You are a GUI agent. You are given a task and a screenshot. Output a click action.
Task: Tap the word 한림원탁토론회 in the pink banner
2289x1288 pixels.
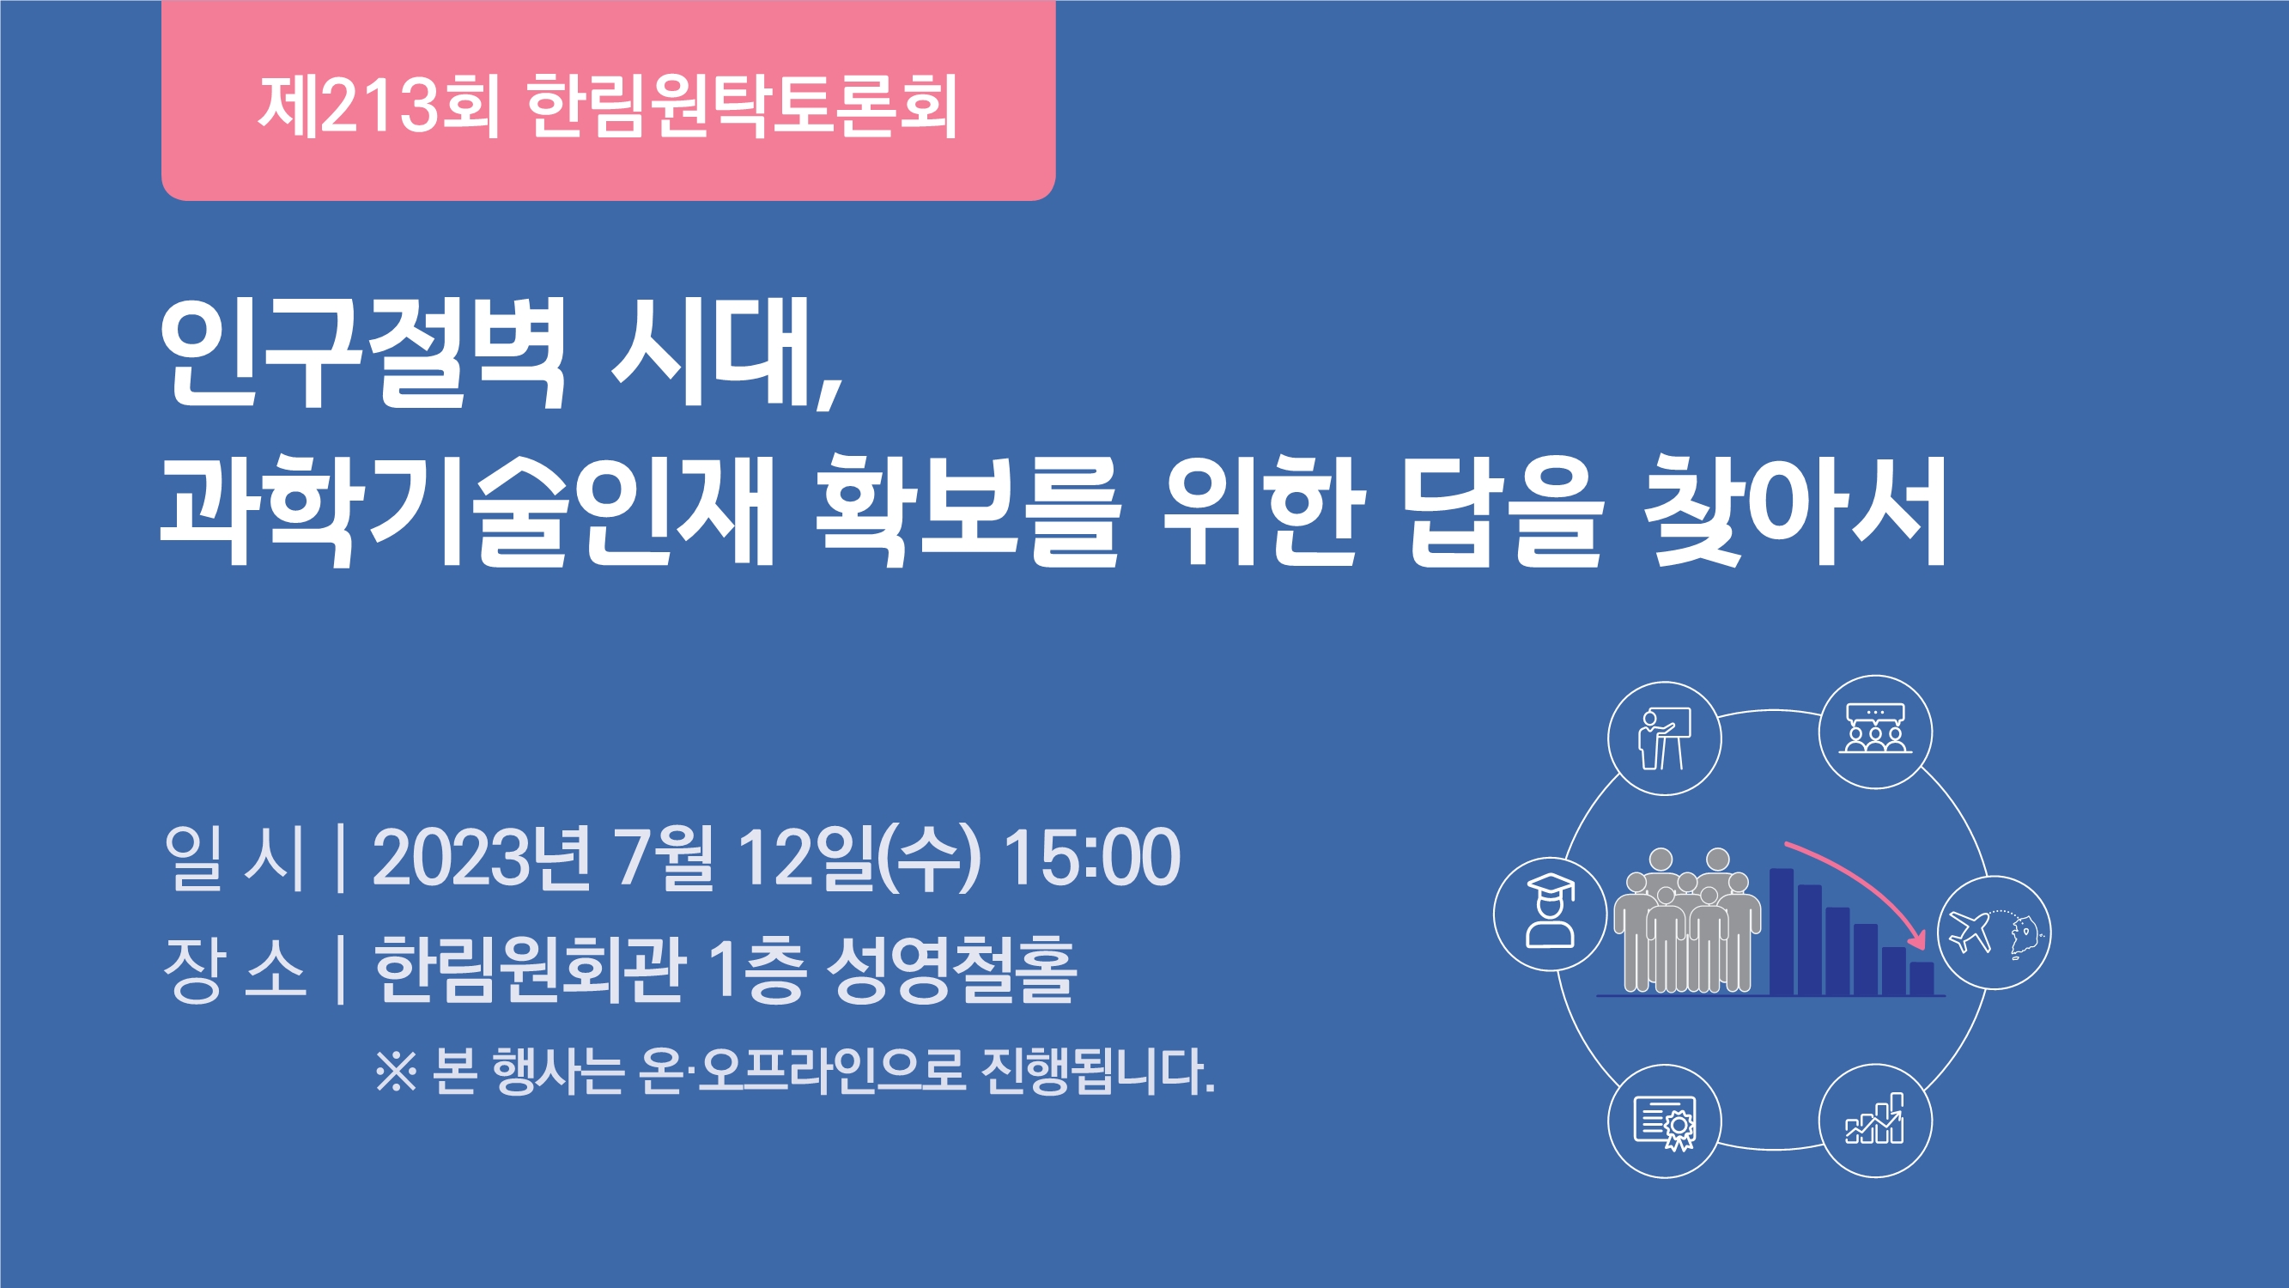pyautogui.click(x=743, y=106)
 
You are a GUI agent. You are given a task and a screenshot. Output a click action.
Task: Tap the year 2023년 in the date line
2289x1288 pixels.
pyautogui.click(x=481, y=858)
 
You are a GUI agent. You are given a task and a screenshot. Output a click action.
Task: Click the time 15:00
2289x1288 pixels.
pyautogui.click(x=1092, y=858)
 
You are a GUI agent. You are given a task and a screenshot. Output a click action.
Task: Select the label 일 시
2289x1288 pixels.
pyautogui.click(x=234, y=858)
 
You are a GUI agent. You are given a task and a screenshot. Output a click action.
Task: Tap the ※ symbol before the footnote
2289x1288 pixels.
pyautogui.click(x=397, y=1071)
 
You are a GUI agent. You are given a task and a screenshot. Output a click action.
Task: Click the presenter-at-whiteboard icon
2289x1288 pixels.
pyautogui.click(x=1664, y=738)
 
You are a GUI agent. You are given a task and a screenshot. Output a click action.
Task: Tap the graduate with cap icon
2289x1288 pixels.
pyautogui.click(x=1550, y=912)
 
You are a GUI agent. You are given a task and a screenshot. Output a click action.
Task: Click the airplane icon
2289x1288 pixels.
pyautogui.click(x=1970, y=931)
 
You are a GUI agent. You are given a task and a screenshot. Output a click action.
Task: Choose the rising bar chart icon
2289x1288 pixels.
pyautogui.click(x=1875, y=1119)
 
